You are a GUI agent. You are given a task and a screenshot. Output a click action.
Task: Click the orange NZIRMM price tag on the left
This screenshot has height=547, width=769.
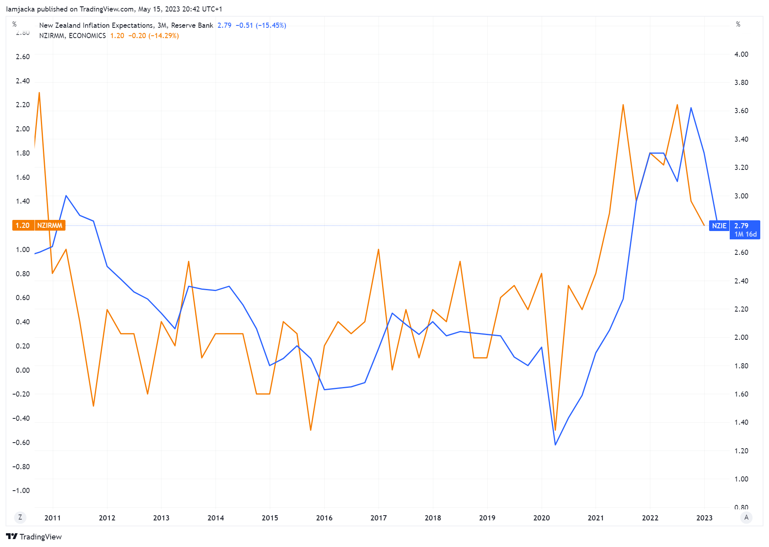point(39,225)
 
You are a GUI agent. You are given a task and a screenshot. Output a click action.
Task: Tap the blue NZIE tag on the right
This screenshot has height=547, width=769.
point(719,225)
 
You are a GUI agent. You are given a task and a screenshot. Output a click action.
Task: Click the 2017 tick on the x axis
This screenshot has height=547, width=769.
point(378,518)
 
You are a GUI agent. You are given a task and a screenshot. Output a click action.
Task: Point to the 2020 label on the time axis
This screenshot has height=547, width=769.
point(541,518)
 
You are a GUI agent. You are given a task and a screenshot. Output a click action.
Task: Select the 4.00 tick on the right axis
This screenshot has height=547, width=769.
point(741,54)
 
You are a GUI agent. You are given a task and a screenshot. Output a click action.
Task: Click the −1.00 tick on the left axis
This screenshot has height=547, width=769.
point(21,490)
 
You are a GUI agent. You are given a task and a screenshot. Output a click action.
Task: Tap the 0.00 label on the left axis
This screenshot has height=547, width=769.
point(23,370)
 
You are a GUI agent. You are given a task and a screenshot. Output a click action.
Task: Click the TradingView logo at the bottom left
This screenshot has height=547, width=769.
point(34,537)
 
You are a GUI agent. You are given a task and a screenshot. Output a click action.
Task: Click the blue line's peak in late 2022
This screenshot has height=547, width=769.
point(691,108)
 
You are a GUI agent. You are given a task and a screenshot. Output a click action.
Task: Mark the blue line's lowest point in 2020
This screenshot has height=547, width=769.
point(555,445)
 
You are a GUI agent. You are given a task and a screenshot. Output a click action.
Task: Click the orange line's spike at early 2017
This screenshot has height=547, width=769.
point(379,249)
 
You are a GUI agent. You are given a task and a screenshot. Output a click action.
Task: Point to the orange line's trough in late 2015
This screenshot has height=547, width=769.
point(310,430)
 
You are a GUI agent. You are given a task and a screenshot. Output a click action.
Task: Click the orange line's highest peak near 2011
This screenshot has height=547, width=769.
point(39,92)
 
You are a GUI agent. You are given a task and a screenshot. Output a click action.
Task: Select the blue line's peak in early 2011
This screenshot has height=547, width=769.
point(66,195)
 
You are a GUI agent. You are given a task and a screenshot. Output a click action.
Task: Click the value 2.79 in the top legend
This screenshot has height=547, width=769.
point(224,25)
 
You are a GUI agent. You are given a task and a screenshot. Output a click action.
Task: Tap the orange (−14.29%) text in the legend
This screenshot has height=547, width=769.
point(163,36)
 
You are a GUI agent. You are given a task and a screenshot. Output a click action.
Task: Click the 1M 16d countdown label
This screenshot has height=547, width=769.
point(745,234)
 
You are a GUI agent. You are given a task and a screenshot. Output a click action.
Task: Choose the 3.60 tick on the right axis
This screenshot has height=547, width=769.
point(741,111)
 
